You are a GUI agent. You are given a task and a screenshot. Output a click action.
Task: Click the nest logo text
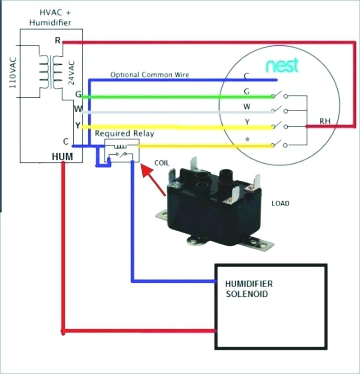(x=282, y=65)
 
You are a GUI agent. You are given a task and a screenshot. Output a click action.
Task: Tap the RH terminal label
(x=325, y=121)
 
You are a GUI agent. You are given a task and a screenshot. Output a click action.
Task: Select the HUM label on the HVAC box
(x=62, y=157)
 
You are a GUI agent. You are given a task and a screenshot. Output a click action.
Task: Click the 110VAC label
(x=13, y=72)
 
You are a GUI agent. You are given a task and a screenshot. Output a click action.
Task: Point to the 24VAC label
(x=72, y=73)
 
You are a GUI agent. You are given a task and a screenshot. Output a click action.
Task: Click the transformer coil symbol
(x=51, y=72)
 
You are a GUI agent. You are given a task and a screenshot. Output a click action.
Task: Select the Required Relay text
(x=124, y=133)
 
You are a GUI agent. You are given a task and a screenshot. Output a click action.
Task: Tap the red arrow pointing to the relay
(x=153, y=180)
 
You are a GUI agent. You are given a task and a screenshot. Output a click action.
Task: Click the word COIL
(x=162, y=163)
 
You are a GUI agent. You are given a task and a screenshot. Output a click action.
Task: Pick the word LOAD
(x=280, y=203)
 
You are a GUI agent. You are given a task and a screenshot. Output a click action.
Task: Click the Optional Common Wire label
(x=150, y=75)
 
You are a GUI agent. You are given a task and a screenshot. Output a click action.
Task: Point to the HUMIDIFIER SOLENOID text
(x=249, y=289)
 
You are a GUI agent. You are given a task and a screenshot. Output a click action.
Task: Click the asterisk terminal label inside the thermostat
(x=247, y=139)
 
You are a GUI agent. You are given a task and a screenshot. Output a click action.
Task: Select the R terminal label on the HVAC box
(x=58, y=40)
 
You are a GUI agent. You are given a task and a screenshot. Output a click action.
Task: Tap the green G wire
(x=177, y=97)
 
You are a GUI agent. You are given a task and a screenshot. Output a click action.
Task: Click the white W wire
(x=177, y=112)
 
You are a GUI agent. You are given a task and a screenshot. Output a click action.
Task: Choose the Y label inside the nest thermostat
(x=247, y=122)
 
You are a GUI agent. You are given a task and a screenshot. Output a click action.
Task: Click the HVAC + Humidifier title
(x=50, y=18)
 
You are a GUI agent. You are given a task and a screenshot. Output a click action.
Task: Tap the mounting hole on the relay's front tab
(x=195, y=241)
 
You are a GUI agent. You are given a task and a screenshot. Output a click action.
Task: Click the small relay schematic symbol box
(x=122, y=151)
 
